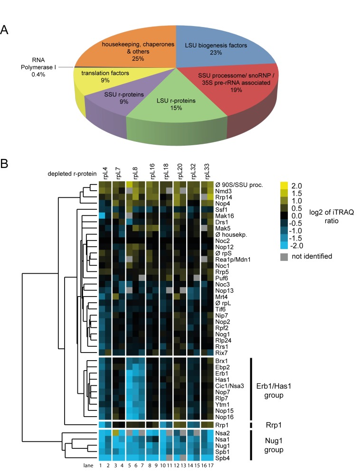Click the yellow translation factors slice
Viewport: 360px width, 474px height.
[x=95, y=77]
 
